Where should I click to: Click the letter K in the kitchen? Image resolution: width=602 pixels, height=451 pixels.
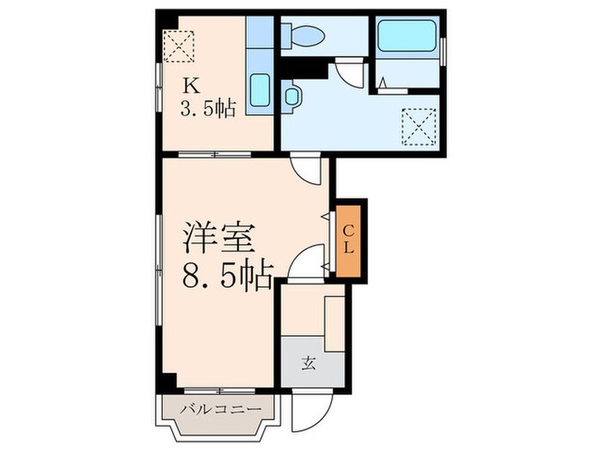pos(189,85)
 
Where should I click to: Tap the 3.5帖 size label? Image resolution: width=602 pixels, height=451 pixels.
pos(206,108)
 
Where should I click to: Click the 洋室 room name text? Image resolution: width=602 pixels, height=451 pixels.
pos(218,236)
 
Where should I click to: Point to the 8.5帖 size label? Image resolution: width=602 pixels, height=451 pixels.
pos(227,275)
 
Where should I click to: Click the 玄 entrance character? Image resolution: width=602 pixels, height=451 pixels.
pos(308,363)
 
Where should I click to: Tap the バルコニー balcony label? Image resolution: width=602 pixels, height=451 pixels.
pos(219,410)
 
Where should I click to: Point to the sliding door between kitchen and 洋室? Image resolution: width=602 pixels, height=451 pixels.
pos(215,155)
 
